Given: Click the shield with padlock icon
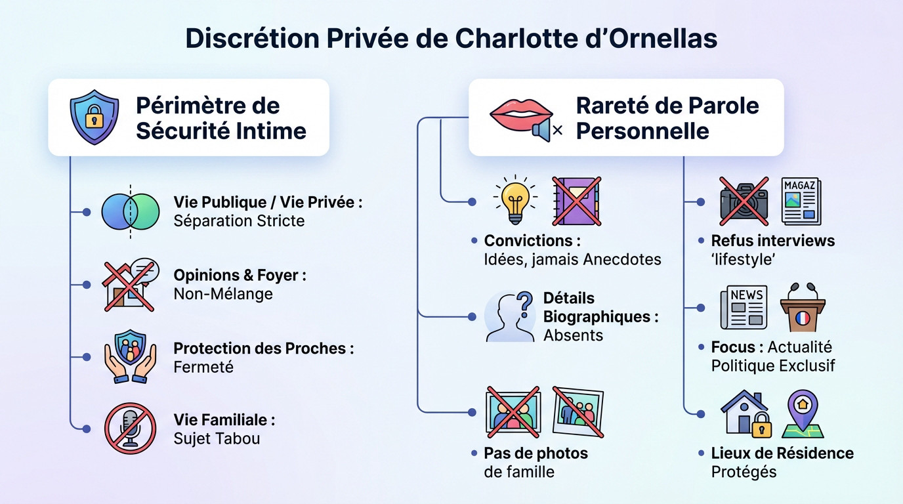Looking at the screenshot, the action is [x=94, y=117].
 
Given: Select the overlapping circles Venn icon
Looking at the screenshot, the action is [x=130, y=211].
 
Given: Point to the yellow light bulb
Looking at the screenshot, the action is [x=515, y=199].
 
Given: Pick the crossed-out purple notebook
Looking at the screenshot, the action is [x=577, y=201].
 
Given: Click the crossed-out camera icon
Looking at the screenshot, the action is [x=744, y=200].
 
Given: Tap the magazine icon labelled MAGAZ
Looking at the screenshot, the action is [x=801, y=201].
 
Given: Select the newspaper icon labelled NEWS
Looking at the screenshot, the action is [x=744, y=307].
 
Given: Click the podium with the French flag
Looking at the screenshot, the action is [x=802, y=307].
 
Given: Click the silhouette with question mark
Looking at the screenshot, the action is [x=510, y=316].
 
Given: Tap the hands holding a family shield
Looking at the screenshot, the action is [x=131, y=356].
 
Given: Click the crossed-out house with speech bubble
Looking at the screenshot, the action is [x=130, y=284].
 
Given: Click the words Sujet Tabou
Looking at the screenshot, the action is [x=217, y=438].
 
